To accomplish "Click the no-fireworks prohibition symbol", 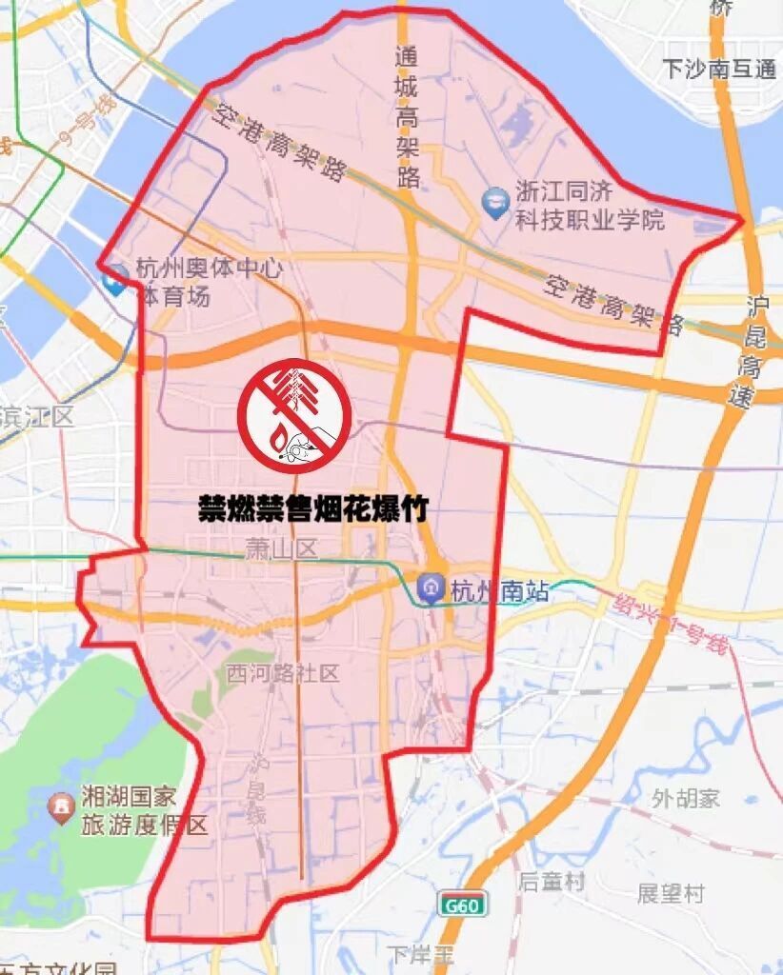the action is pos(294,416).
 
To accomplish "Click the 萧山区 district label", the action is pos(280,548).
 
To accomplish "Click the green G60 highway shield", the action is pos(462,905).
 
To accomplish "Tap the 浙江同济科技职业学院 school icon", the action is pos(495,203).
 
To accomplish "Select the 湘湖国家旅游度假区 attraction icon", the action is pos(61,809).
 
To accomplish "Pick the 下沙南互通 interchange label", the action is pos(720,69).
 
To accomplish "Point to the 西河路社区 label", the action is pos(283,674).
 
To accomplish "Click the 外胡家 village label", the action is pos(686,798).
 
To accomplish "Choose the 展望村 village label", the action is pos(671,893).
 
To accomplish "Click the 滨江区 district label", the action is pos(36,415).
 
